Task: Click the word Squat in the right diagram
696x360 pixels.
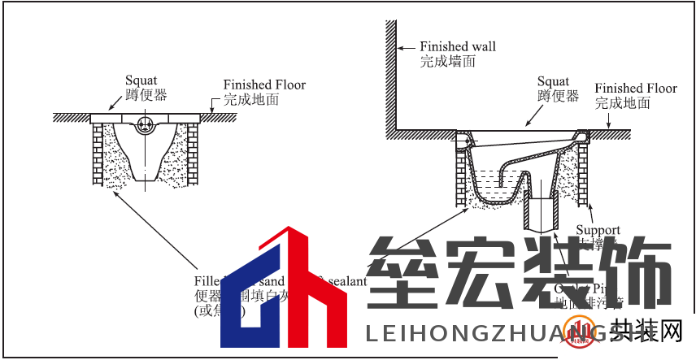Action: click(x=553, y=81)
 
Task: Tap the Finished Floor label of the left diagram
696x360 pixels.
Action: click(x=264, y=85)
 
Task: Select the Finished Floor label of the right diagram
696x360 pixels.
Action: click(x=635, y=89)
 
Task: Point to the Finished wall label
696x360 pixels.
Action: click(x=457, y=46)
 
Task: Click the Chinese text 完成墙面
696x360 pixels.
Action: click(x=447, y=61)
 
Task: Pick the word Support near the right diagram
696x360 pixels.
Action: click(x=598, y=230)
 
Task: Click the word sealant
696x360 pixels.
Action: click(x=346, y=281)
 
